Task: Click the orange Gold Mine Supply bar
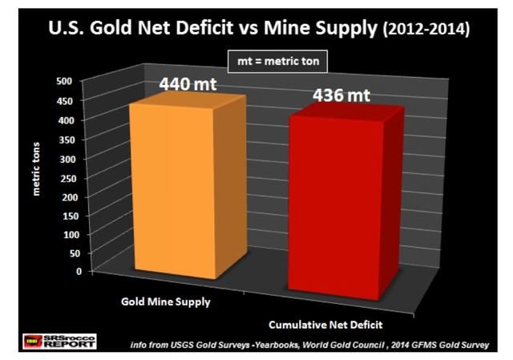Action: coord(175,188)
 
